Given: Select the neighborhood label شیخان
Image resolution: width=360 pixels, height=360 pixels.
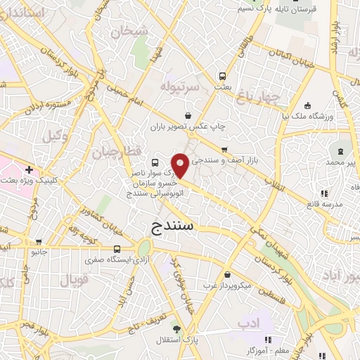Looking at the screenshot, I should pyautogui.click(x=129, y=30).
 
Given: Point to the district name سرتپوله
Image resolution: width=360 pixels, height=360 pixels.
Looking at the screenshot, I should pyautogui.click(x=181, y=86).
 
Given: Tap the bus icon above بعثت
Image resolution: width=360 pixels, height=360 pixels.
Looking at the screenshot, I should pyautogui.click(x=222, y=75).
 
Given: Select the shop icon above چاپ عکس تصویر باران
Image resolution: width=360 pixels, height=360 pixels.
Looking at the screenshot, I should pyautogui.click(x=188, y=115).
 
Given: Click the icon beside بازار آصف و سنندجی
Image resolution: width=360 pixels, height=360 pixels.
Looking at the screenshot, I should pyautogui.click(x=224, y=149).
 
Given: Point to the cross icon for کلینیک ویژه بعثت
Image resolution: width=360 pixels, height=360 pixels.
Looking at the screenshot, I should pyautogui.click(x=29, y=169).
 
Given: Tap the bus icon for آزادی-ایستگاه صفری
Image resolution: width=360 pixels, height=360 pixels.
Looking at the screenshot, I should pyautogui.click(x=117, y=249).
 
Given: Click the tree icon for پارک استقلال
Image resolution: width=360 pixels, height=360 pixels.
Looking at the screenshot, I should pyautogui.click(x=176, y=328).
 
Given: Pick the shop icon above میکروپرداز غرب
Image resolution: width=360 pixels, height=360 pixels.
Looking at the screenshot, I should pyautogui.click(x=227, y=275).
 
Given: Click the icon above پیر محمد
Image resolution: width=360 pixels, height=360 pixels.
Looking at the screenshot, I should pyautogui.click(x=341, y=151).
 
